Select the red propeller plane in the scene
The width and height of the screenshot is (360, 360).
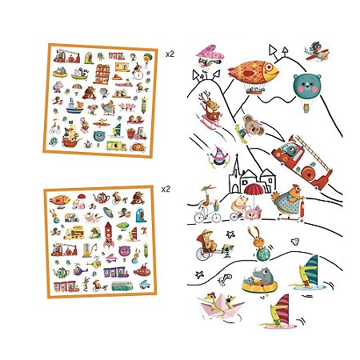pyautogui.click(x=317, y=52)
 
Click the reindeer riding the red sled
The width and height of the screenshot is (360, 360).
pyautogui.click(x=211, y=110)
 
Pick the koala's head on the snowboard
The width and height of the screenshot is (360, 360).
pyautogui.click(x=252, y=124)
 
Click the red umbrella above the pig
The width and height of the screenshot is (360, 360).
pyautogui.click(x=254, y=190)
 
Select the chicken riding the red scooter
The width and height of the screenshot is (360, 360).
pyautogui.click(x=287, y=202)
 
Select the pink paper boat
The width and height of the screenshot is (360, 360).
pyautogui.click(x=221, y=306)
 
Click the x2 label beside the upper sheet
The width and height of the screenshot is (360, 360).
pyautogui.click(x=170, y=54)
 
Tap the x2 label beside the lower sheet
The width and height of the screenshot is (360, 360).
pyautogui.click(x=166, y=190)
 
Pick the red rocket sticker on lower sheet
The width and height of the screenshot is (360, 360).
pyautogui.click(x=109, y=234)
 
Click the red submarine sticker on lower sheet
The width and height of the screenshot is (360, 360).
pyautogui.click(x=142, y=271)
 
